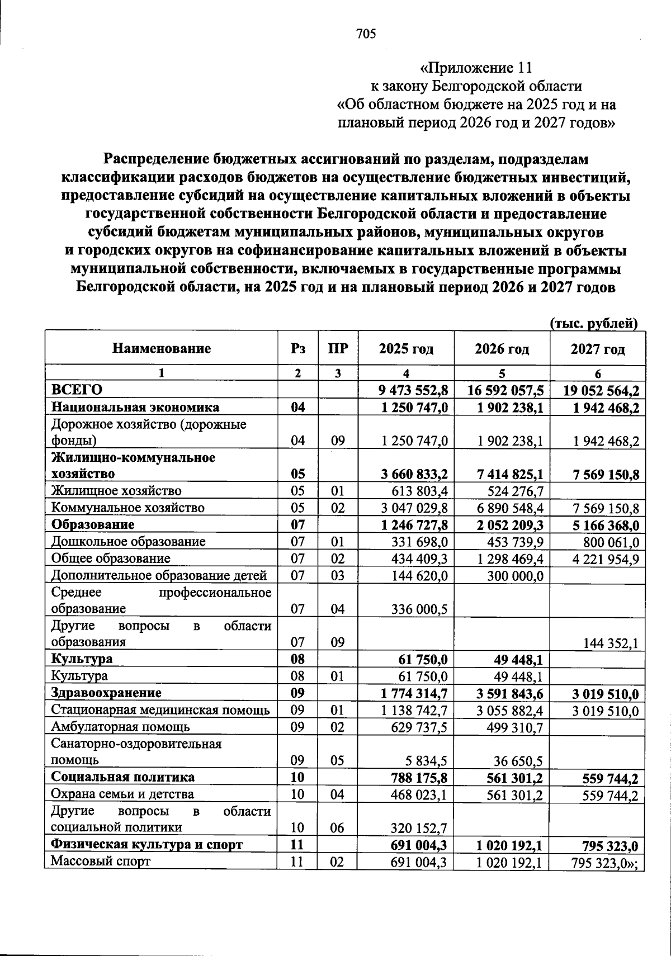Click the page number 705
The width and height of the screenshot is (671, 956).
pyautogui.click(x=366, y=35)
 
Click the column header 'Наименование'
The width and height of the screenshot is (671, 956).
pyautogui.click(x=162, y=349)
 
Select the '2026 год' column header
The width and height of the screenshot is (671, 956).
pyautogui.click(x=502, y=349)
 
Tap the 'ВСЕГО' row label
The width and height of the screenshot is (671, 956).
pyautogui.click(x=77, y=390)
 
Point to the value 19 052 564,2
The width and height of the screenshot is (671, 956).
pyautogui.click(x=601, y=390)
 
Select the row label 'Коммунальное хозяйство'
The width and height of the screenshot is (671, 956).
pyautogui.click(x=128, y=508)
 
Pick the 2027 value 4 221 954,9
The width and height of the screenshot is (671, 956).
pyautogui.click(x=604, y=559)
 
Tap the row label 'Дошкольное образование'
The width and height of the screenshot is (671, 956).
pyautogui.click(x=128, y=542)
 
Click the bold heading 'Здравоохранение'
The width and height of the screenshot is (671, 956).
pyautogui.click(x=106, y=693)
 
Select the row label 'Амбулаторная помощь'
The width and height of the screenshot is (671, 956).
pyautogui.click(x=120, y=727)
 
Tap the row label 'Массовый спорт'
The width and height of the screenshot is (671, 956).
pyautogui.click(x=101, y=862)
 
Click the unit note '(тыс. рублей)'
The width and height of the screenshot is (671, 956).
pyautogui.click(x=594, y=323)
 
